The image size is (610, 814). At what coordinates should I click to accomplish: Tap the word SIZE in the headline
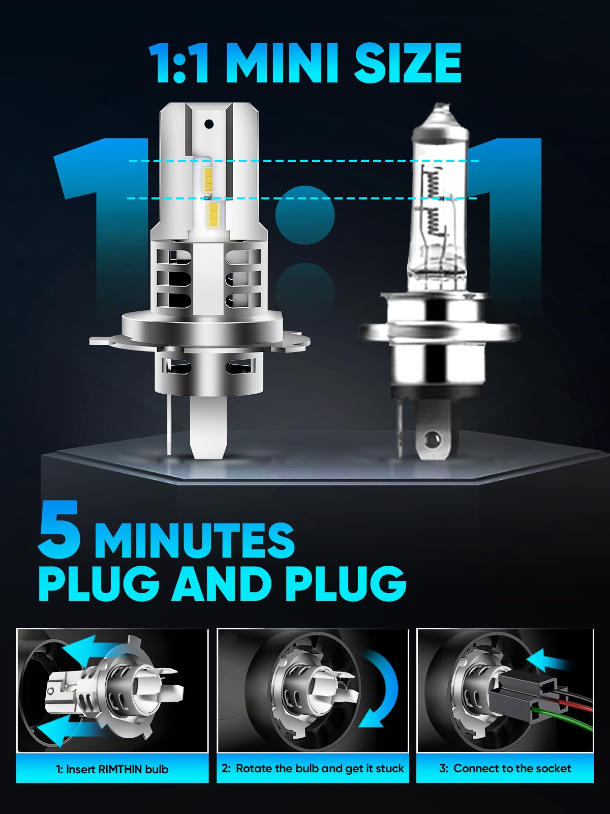pos(408,63)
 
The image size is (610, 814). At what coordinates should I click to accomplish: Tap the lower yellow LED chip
pos(213,216)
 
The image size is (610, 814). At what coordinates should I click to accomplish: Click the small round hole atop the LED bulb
pos(209,124)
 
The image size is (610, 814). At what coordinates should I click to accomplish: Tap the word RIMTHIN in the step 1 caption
pos(115,770)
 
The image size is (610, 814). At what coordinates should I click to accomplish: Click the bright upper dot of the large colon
pos(305,216)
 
